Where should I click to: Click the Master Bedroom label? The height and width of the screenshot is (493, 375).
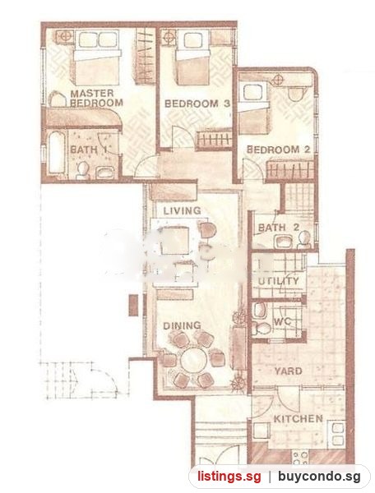tap(96, 98)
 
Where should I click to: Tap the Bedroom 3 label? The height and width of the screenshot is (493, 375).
tap(197, 104)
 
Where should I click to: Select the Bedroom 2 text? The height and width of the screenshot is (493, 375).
tap(279, 150)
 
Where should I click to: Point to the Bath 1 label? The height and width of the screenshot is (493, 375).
tap(88, 150)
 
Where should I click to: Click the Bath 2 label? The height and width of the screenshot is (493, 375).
tap(279, 228)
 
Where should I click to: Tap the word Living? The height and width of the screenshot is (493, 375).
tap(182, 210)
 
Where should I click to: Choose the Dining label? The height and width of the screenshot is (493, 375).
tap(182, 325)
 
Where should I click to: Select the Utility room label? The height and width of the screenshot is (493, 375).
tap(279, 281)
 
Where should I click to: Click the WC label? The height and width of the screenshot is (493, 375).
tap(283, 321)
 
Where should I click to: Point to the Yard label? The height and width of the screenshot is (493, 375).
tap(288, 371)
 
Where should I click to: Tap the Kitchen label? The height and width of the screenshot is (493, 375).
tap(299, 419)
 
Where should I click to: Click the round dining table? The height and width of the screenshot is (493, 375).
tap(194, 359)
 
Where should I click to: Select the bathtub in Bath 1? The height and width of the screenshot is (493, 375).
tap(57, 153)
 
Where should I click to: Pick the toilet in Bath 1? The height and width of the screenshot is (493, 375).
tap(83, 170)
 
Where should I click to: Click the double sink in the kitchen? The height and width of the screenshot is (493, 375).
tap(337, 435)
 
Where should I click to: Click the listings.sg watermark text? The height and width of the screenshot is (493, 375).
tap(229, 477)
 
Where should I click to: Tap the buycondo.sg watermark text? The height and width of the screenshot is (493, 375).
tap(319, 477)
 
